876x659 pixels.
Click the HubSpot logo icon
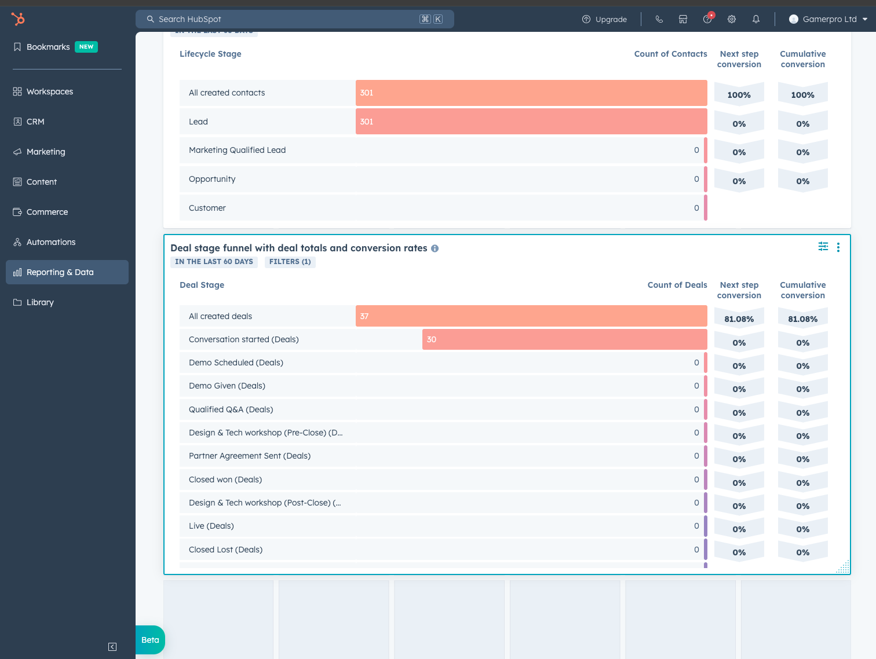point(18,19)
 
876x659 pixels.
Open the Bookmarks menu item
point(48,47)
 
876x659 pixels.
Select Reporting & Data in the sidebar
point(60,272)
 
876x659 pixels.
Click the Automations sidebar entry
point(51,242)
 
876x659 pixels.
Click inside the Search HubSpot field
point(284,19)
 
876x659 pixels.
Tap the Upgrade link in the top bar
point(604,19)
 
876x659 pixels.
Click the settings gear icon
point(732,19)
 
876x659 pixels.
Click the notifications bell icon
point(756,19)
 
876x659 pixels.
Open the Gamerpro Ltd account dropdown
point(828,19)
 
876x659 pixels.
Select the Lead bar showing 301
point(531,122)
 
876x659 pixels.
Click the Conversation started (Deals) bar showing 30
point(564,339)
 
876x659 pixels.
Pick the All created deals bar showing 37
point(531,316)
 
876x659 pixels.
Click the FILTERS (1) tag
point(290,262)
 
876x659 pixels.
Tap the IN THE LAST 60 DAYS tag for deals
point(214,262)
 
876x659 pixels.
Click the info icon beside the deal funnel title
point(435,248)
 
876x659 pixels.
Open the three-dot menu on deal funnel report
point(838,247)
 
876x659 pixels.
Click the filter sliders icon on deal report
point(823,247)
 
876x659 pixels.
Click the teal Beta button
point(150,640)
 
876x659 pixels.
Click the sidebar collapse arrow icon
point(112,647)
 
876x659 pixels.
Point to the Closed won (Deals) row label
point(225,479)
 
